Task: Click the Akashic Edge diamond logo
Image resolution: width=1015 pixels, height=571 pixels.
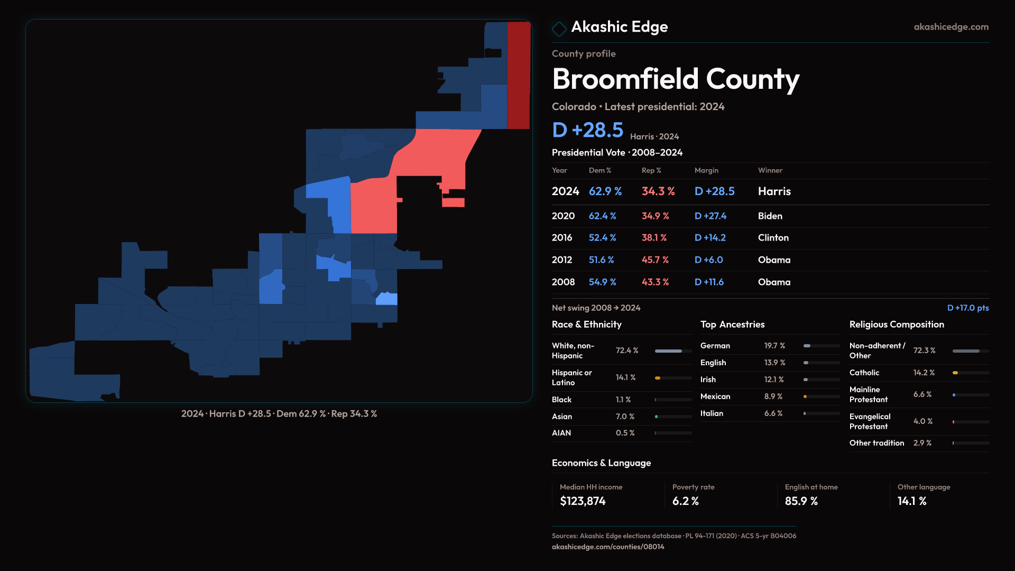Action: pos(559,29)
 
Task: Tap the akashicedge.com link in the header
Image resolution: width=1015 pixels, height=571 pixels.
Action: pos(951,27)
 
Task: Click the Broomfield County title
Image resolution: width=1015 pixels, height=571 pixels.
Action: pos(675,79)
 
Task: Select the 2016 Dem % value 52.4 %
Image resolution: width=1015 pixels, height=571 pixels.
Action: pos(602,238)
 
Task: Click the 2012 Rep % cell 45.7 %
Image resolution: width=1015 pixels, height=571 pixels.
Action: pos(655,260)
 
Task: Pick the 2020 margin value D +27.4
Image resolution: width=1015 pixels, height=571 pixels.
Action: pos(710,216)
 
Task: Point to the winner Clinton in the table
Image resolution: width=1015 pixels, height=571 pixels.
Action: pos(773,238)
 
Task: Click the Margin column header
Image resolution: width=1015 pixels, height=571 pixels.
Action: pos(706,170)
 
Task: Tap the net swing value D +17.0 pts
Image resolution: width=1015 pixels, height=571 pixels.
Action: pos(967,308)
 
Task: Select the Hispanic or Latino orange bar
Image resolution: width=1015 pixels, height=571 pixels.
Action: pos(658,378)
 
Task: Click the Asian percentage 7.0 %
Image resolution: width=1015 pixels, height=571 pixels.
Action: pos(625,417)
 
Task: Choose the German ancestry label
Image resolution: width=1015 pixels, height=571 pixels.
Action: pos(715,346)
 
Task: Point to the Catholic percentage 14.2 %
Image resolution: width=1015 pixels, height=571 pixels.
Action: pos(924,373)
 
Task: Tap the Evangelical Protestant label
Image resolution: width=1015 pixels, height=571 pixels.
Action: pos(870,421)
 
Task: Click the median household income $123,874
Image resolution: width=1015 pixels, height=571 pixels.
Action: pos(583,501)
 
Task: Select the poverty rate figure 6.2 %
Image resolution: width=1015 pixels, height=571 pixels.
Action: pos(685,501)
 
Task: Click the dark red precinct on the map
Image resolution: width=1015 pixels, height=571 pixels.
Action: pos(518,74)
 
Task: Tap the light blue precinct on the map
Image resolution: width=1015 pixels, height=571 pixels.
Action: pos(386,299)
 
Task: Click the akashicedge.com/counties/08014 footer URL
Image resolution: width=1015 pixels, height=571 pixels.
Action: pos(608,547)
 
